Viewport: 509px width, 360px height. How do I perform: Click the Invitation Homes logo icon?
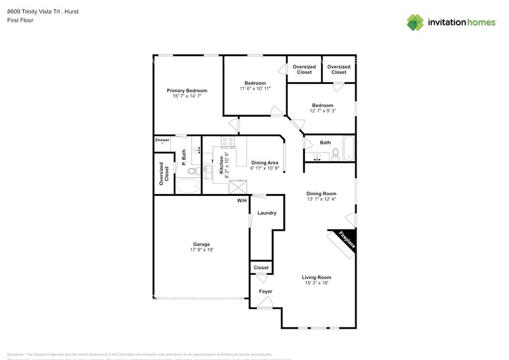click(416, 23)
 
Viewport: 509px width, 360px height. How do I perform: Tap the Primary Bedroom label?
click(187, 91)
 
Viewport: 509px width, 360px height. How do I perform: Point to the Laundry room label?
click(266, 213)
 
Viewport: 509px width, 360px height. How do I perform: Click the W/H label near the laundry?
click(242, 200)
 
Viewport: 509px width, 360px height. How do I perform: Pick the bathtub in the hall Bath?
click(348, 148)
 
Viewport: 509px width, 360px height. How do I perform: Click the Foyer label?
click(265, 291)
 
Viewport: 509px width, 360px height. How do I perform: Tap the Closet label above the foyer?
click(261, 268)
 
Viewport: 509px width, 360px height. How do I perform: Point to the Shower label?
click(162, 140)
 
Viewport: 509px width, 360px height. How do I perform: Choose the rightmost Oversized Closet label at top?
click(339, 69)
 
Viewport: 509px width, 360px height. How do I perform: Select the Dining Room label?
click(322, 194)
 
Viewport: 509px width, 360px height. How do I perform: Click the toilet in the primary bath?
click(191, 172)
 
